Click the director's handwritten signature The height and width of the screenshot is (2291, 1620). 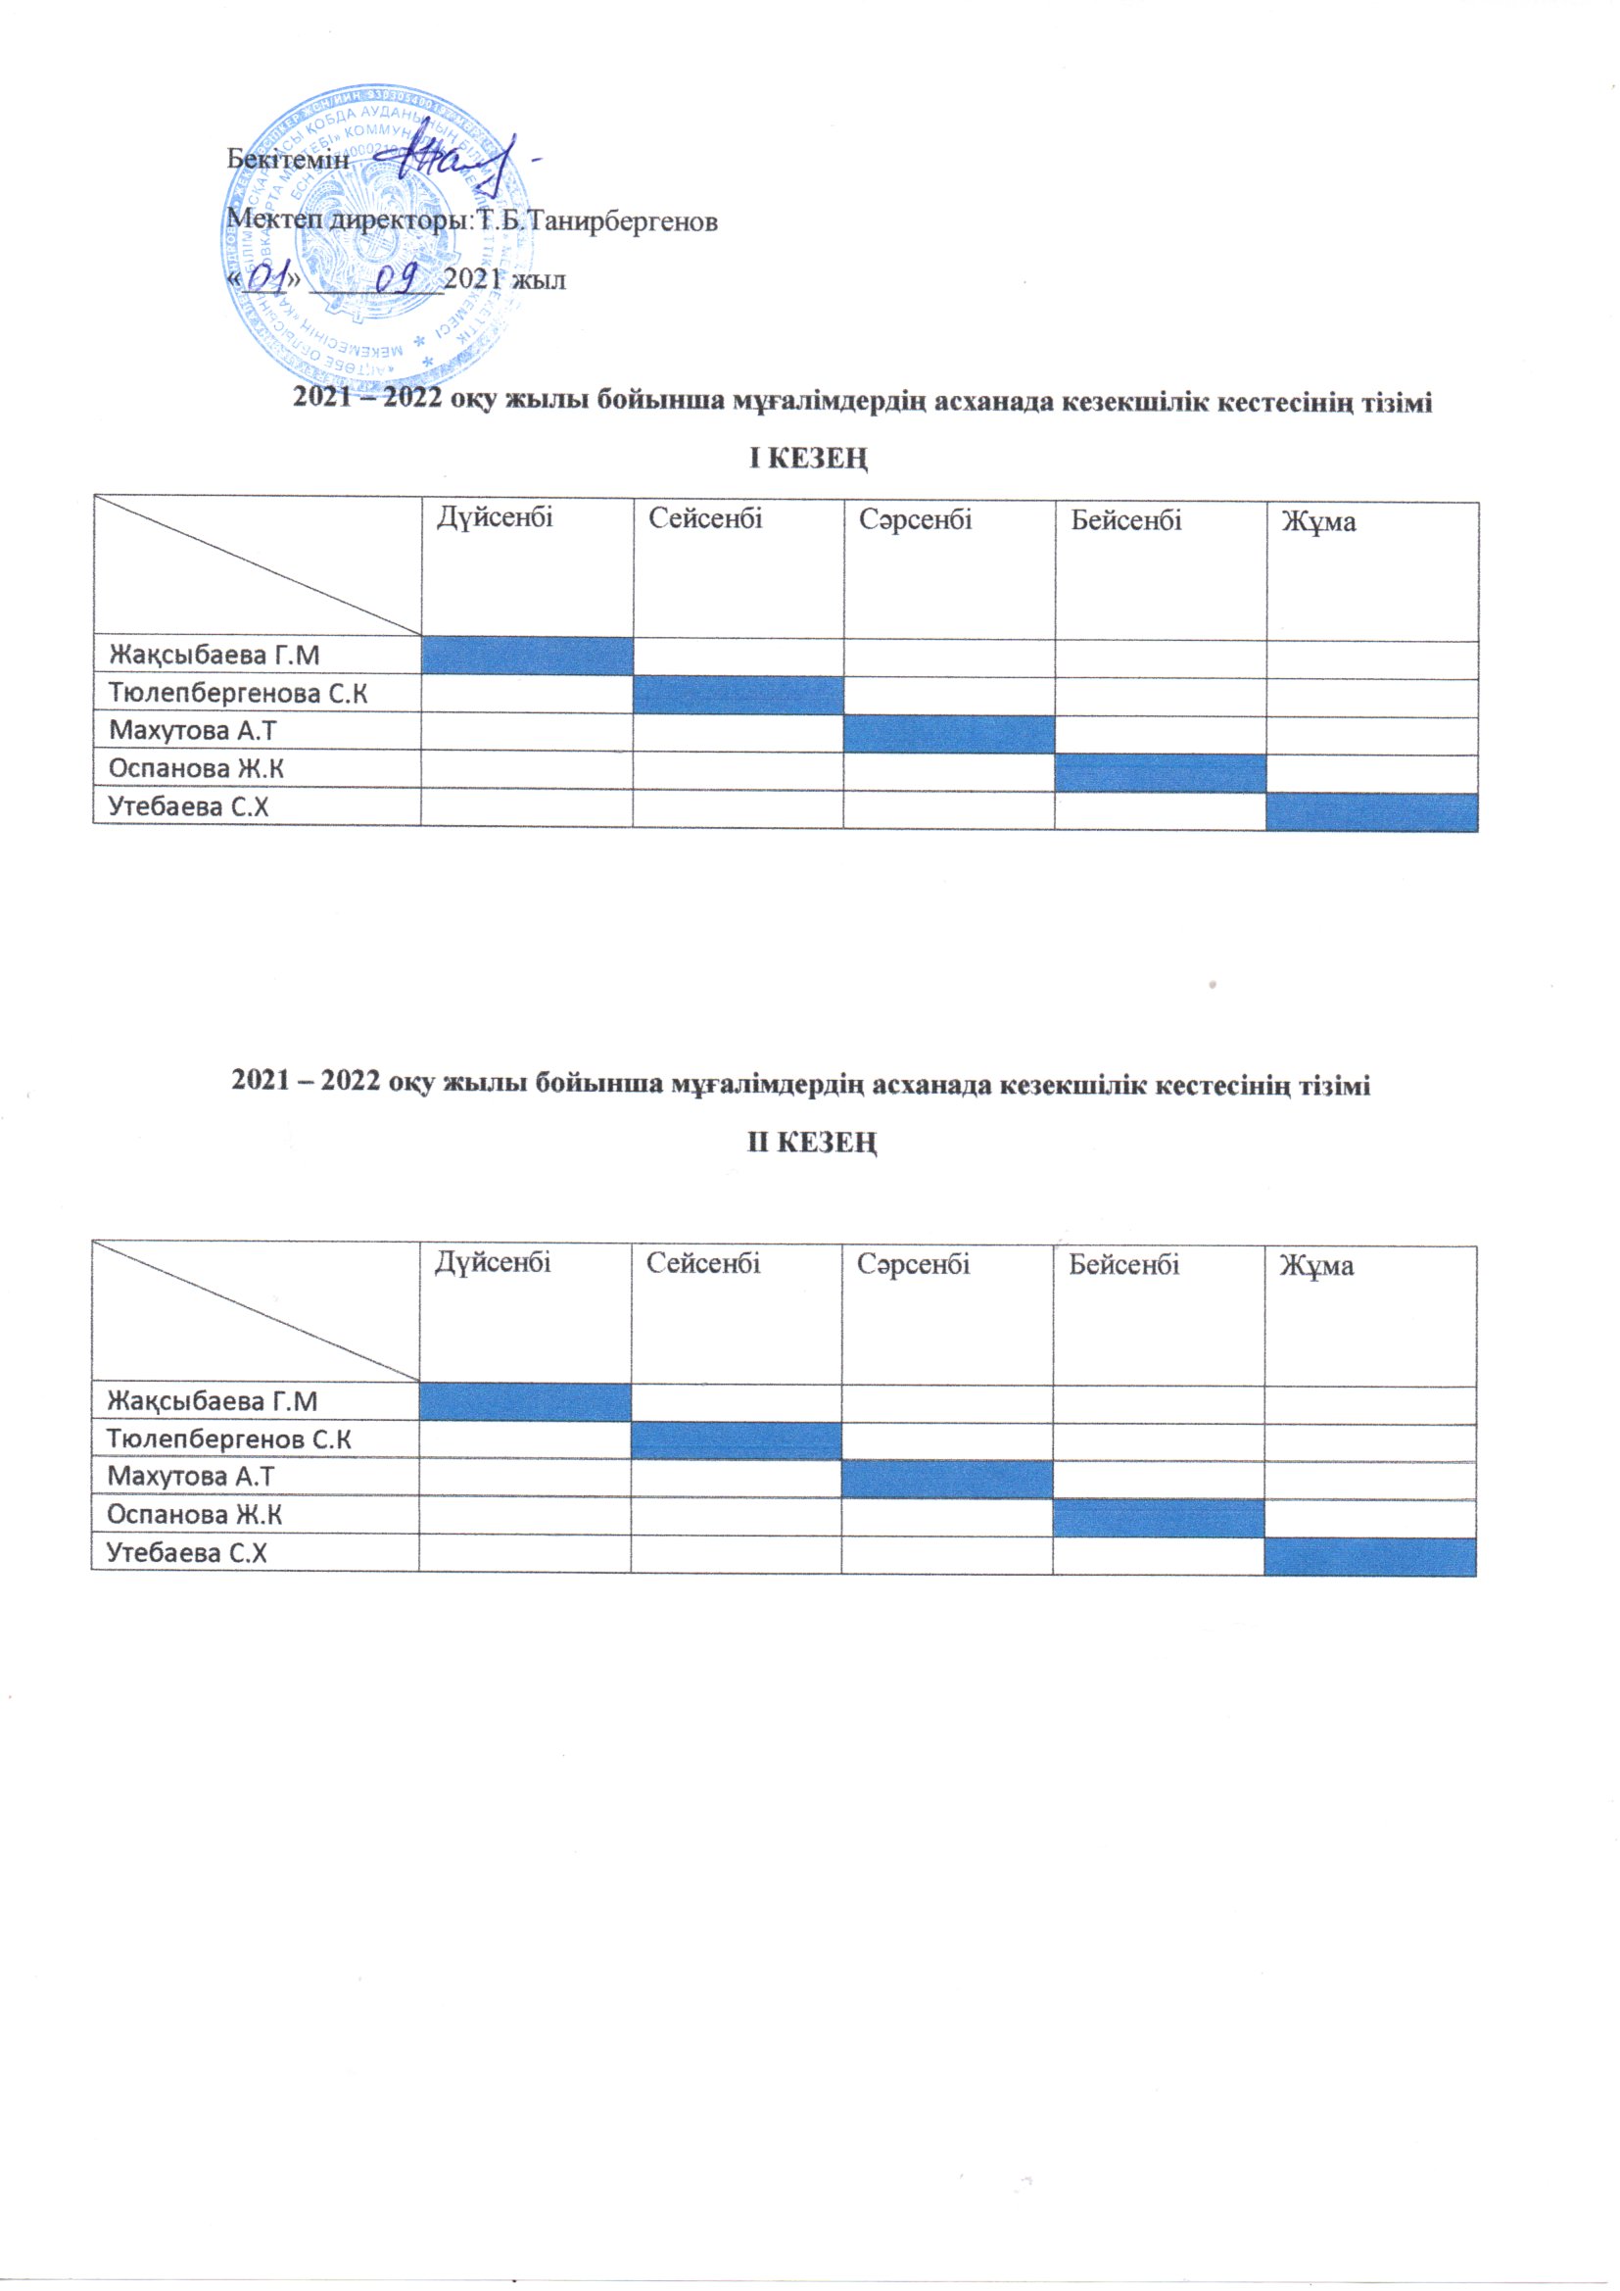pyautogui.click(x=465, y=160)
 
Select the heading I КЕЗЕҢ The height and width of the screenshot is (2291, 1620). pyautogui.click(x=809, y=459)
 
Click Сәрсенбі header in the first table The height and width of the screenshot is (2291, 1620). pyautogui.click(x=916, y=519)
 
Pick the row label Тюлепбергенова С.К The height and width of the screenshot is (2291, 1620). pyautogui.click(x=238, y=693)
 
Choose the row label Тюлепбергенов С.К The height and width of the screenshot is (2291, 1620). pyautogui.click(x=229, y=1438)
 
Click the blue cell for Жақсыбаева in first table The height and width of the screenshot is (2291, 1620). pyautogui.click(x=527, y=656)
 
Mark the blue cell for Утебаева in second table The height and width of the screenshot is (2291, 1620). pyautogui.click(x=1369, y=1557)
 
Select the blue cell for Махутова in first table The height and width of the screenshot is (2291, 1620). pyautogui.click(x=949, y=733)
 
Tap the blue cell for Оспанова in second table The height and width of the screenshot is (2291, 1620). pyautogui.click(x=1158, y=1518)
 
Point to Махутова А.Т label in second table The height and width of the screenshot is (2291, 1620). pyautogui.click(x=191, y=1476)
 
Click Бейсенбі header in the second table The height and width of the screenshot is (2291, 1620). pyautogui.click(x=1124, y=1265)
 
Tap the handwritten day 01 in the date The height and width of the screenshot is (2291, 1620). pyautogui.click(x=267, y=278)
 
